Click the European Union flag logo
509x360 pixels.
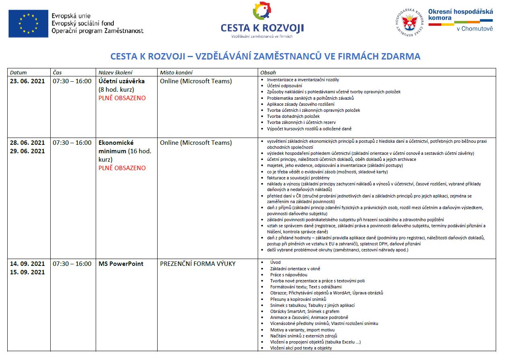28,24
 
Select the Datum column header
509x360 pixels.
18,73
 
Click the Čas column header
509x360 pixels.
57,73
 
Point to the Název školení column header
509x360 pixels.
115,73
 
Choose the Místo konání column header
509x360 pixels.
176,73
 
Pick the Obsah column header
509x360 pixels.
268,73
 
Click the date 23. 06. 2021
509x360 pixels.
27,81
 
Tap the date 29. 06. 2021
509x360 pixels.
27,151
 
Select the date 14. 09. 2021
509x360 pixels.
27,264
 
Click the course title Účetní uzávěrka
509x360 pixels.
122,81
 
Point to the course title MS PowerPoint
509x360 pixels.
121,264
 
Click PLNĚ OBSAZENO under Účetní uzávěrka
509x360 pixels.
122,98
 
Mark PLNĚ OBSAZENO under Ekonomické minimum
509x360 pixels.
122,168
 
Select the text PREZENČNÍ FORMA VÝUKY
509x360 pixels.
198,264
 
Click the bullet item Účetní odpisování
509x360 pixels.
285,86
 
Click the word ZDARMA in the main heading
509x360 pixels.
400,56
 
